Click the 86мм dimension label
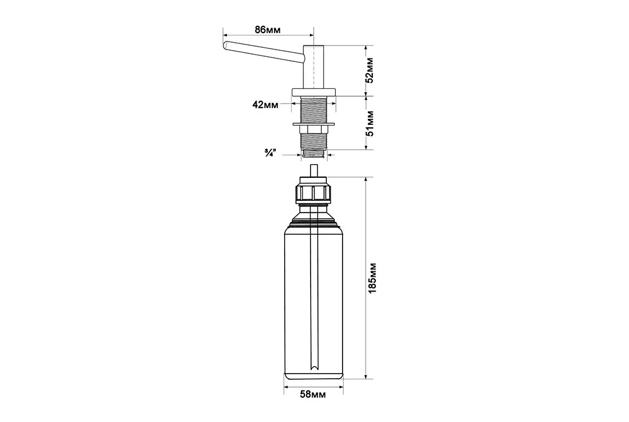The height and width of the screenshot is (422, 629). [267, 30]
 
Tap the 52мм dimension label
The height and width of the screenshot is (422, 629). [370, 70]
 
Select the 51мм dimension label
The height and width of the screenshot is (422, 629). [370, 124]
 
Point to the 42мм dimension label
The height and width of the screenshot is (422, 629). [265, 105]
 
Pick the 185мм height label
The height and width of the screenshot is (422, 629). [372, 278]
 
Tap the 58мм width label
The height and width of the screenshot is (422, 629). [313, 394]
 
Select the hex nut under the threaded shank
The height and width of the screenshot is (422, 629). [314, 129]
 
